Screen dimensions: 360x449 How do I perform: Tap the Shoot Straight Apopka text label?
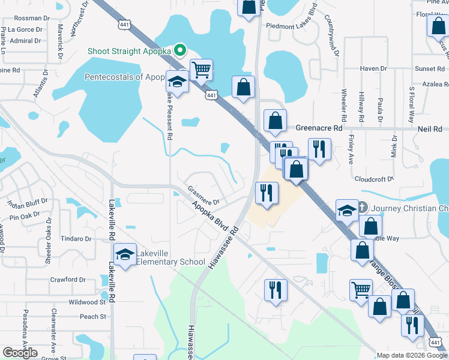click(x=129, y=51)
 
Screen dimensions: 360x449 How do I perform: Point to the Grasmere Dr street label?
click(x=203, y=194)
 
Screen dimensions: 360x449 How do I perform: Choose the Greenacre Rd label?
click(x=319, y=128)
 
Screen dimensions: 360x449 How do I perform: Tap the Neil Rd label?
click(x=429, y=128)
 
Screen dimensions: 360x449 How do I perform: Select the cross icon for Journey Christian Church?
click(x=362, y=208)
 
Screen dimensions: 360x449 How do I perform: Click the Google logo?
click(x=20, y=352)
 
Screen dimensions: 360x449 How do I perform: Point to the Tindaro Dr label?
click(x=76, y=238)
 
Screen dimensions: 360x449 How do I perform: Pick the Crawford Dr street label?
click(x=68, y=279)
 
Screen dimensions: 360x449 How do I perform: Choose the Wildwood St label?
click(x=86, y=302)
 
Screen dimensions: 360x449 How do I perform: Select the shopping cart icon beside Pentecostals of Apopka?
click(x=202, y=70)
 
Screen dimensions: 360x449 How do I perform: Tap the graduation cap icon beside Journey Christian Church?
click(x=347, y=210)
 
